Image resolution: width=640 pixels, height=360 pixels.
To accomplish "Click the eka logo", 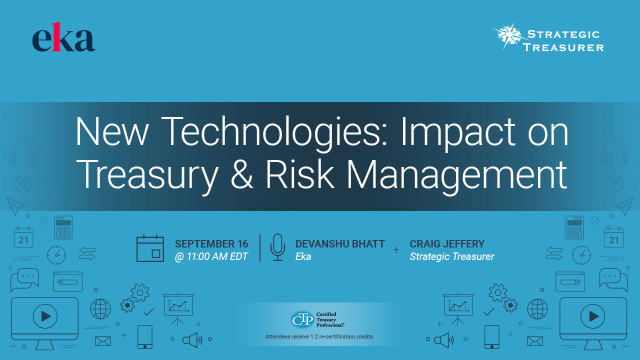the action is (x=63, y=37).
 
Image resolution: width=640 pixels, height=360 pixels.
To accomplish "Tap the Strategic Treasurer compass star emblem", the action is (x=509, y=35).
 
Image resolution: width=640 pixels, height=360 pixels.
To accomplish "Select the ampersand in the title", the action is (x=241, y=175).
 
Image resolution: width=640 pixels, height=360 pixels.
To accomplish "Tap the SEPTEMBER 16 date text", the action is (x=211, y=244).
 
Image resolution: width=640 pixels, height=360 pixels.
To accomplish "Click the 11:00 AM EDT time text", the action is (x=211, y=256).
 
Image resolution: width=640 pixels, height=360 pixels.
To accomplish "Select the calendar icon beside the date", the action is (x=150, y=248).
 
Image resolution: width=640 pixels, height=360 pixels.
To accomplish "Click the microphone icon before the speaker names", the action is (x=277, y=247).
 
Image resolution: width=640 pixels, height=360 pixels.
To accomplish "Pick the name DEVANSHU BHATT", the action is (x=340, y=244).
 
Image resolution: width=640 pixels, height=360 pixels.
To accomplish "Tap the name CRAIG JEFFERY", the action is (x=447, y=244).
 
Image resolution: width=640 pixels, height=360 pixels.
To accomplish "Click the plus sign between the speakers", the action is (x=396, y=250).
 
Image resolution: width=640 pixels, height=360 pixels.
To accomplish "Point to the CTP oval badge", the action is (x=302, y=319).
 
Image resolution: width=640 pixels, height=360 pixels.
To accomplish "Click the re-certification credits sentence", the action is (x=319, y=336).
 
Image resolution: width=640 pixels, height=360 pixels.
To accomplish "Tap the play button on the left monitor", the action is (x=45, y=316).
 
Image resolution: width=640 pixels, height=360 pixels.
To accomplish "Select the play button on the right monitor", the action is (x=593, y=316).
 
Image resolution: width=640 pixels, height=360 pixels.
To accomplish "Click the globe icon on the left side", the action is (x=100, y=309).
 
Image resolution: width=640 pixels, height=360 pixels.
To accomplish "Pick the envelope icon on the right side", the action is (x=535, y=341).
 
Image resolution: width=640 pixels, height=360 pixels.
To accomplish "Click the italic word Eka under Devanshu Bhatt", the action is (x=303, y=256).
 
